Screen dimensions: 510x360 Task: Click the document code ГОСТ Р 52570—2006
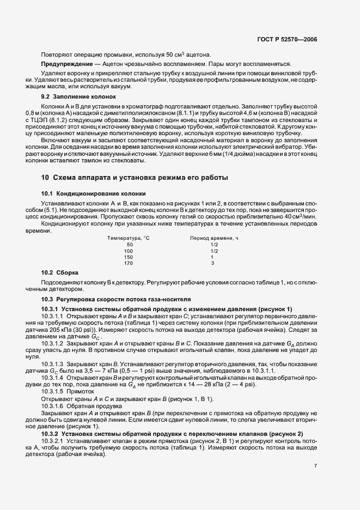coord(288,40)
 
